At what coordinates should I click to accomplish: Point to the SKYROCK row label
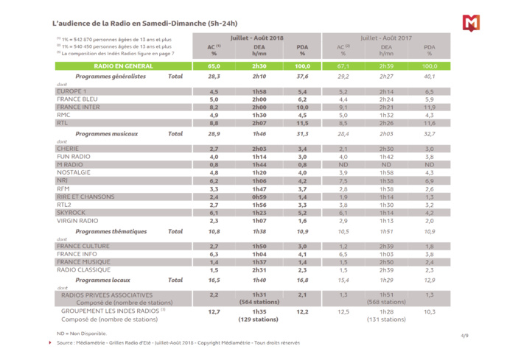point(72,212)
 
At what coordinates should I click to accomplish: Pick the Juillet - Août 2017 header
point(386,35)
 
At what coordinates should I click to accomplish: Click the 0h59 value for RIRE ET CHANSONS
point(259,197)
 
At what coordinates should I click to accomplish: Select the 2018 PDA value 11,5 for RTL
point(302,123)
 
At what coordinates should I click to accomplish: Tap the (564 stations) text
point(259,302)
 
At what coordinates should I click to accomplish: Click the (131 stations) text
point(386,320)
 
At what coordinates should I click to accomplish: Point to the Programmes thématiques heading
point(111,231)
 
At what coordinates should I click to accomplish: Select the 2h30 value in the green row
point(259,66)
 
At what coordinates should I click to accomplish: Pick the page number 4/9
point(464,335)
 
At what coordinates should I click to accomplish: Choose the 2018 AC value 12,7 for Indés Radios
point(214,311)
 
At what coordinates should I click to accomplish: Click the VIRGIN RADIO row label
point(79,220)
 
